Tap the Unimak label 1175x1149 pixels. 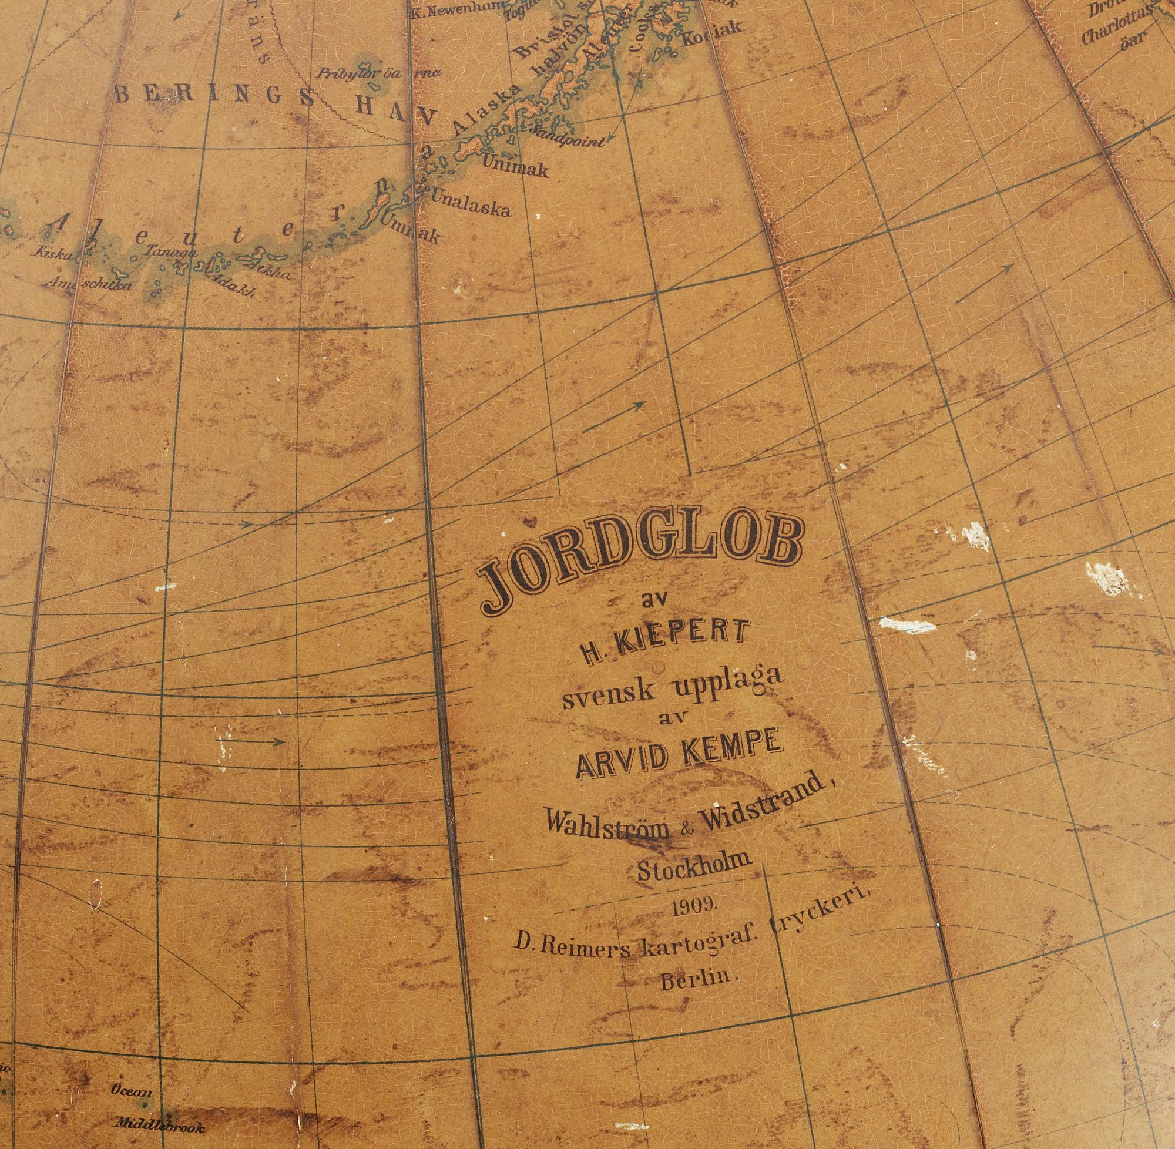tap(516, 167)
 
